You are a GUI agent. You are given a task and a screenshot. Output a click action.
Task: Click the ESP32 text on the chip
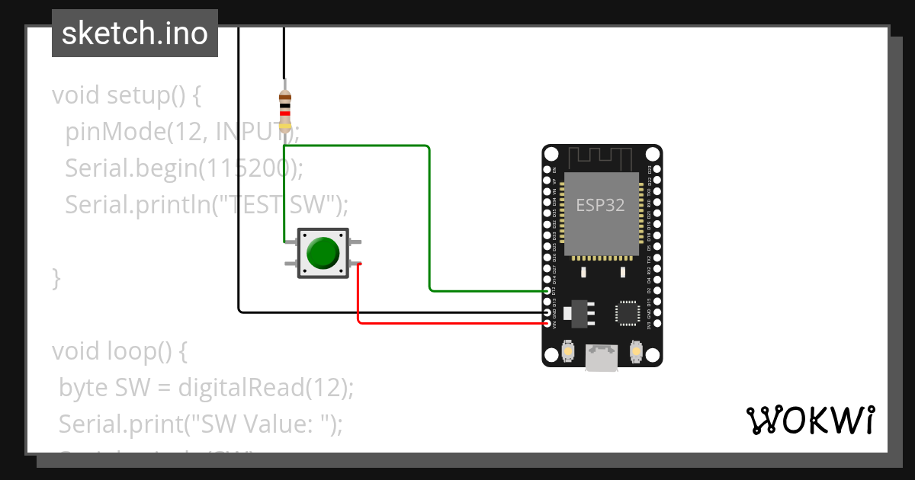(600, 206)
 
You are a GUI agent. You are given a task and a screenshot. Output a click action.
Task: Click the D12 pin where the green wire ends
(547, 291)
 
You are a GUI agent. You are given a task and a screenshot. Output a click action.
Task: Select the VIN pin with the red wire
(547, 324)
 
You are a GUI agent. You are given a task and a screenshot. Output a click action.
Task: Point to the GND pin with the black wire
(547, 312)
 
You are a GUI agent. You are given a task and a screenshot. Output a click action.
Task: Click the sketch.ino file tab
(135, 34)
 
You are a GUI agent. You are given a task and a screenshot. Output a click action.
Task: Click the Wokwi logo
(810, 420)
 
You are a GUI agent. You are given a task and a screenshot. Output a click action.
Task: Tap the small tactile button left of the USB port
(568, 351)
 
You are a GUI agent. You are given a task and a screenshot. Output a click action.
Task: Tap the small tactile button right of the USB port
(635, 351)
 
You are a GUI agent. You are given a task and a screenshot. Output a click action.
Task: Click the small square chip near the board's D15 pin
(627, 312)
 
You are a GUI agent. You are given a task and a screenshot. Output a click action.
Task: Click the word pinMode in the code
(114, 133)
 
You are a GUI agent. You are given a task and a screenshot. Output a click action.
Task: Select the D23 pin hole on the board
(657, 168)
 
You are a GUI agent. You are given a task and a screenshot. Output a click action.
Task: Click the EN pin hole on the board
(547, 168)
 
